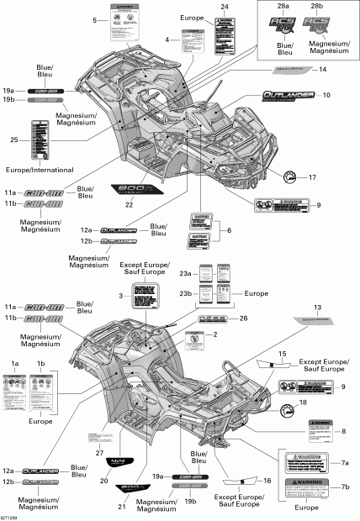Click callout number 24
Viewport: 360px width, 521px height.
point(225,7)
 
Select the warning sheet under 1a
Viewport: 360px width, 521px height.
point(16,394)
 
